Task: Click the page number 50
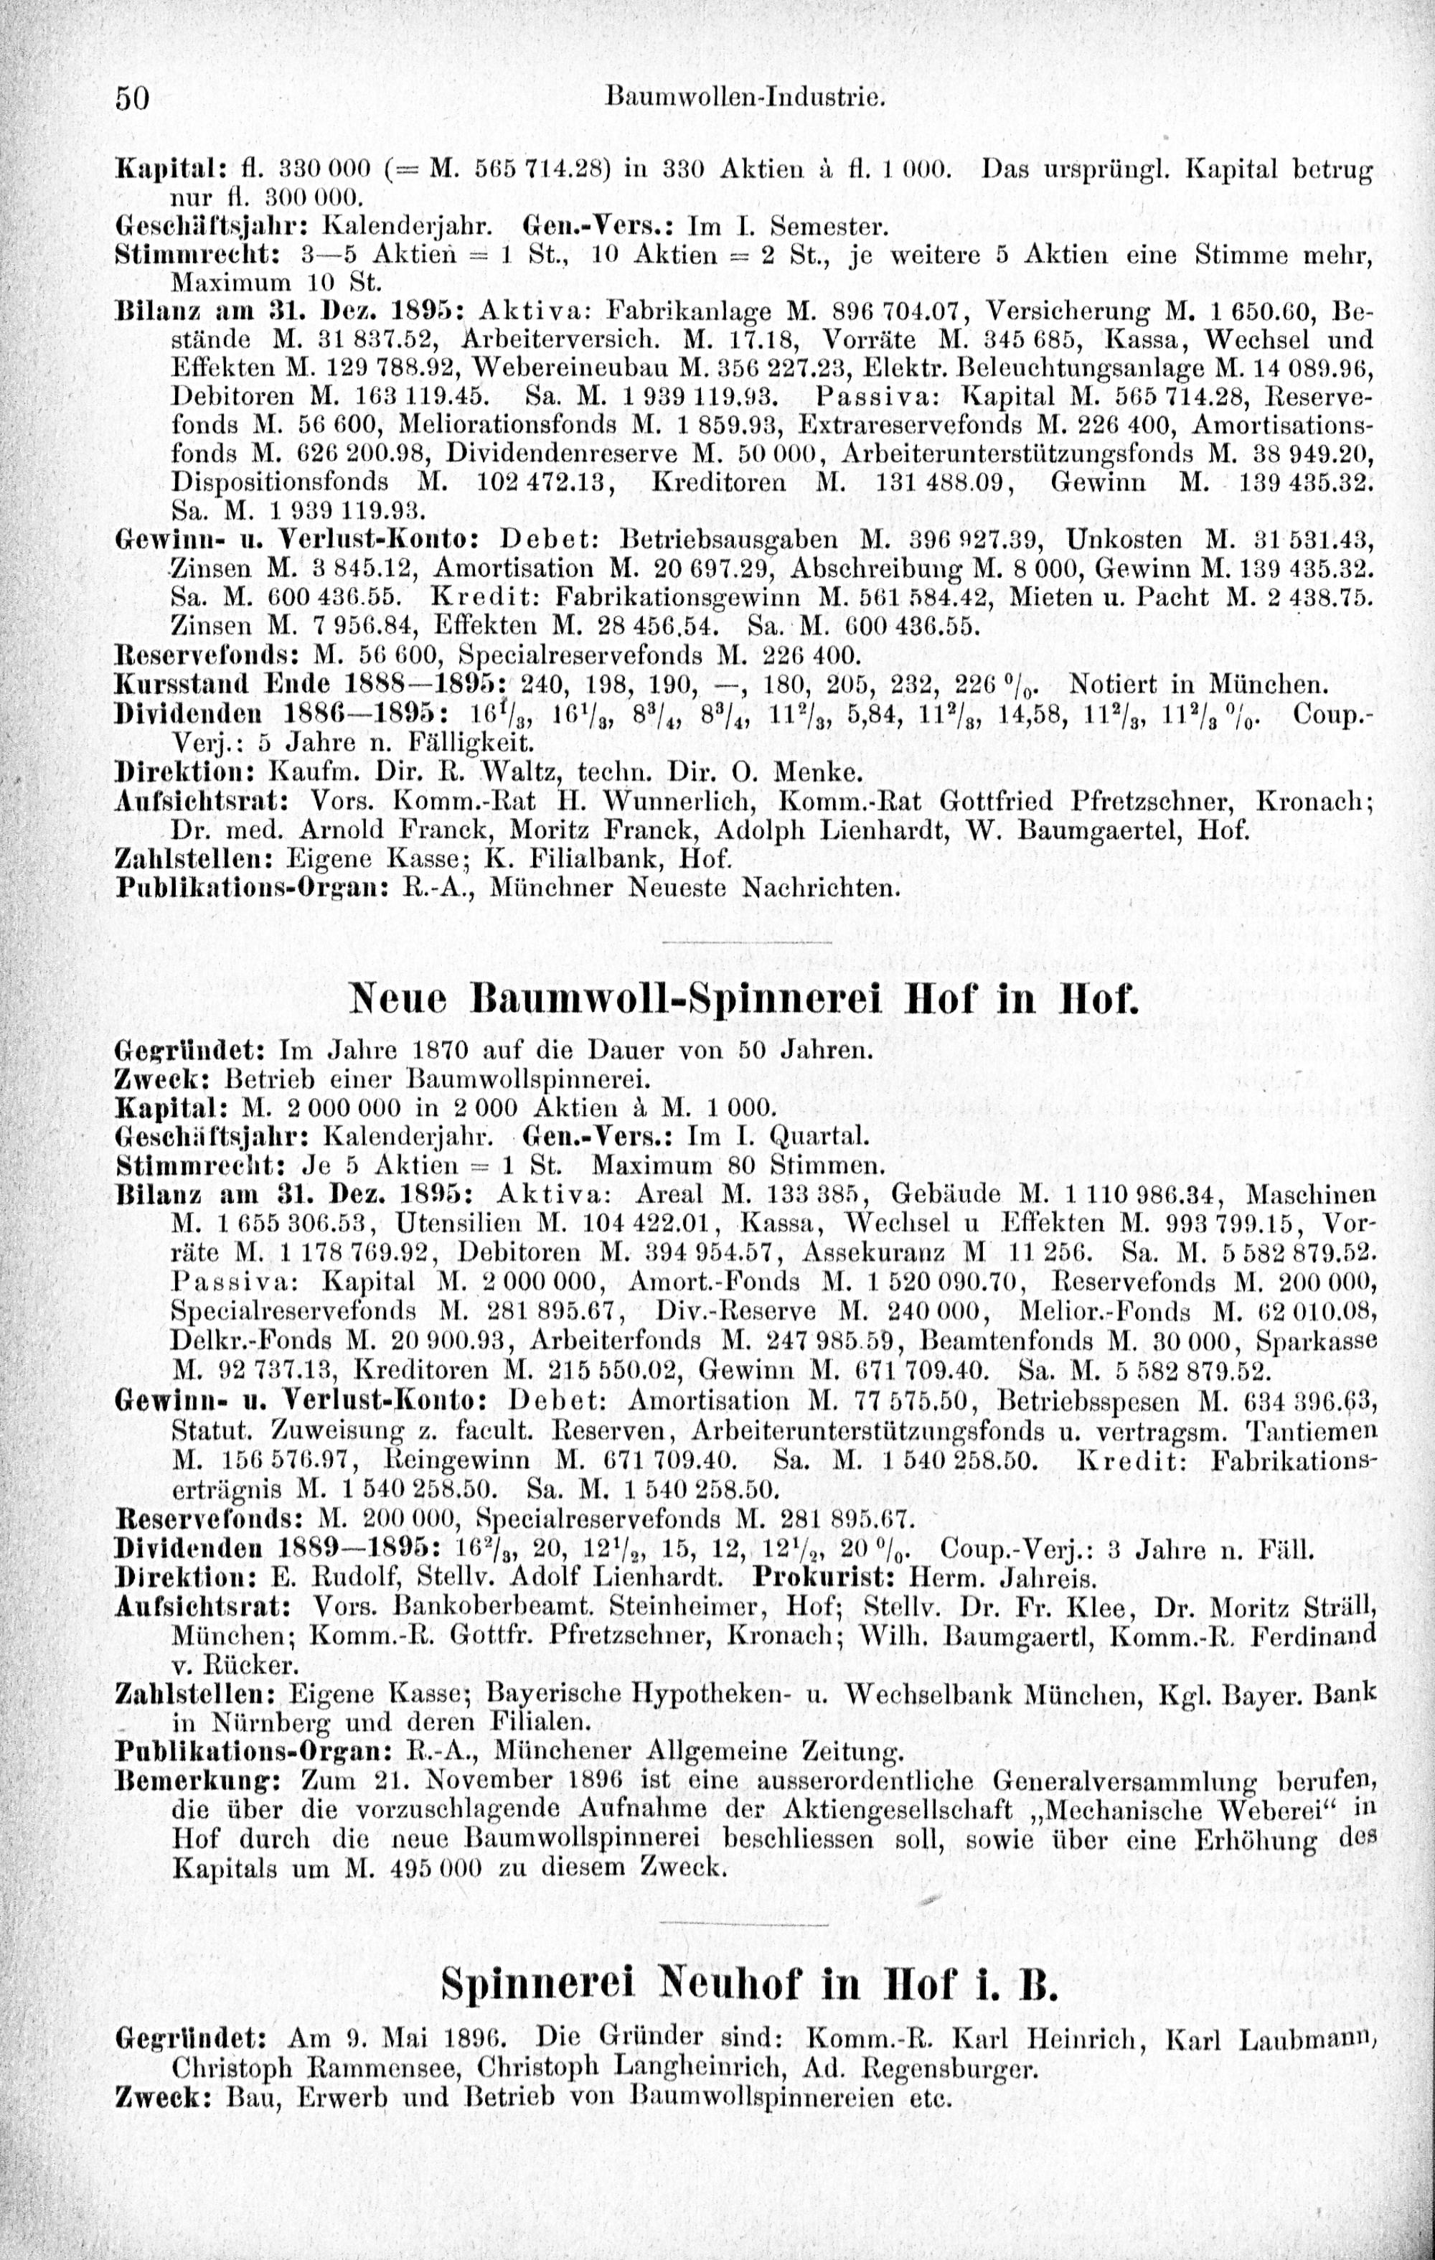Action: [132, 98]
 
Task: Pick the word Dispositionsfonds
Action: [281, 482]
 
